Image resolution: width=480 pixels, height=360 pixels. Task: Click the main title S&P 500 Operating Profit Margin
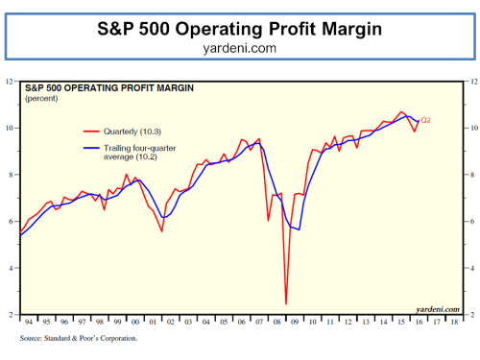[x=239, y=29]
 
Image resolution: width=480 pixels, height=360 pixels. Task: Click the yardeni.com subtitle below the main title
[x=239, y=47]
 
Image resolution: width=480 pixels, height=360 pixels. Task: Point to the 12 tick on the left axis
[x=10, y=81]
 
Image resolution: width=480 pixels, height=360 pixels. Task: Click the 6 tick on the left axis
[x=11, y=221]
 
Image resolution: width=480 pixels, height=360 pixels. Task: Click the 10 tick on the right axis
[x=469, y=128]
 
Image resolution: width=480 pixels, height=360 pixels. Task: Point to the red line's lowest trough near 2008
[x=286, y=303]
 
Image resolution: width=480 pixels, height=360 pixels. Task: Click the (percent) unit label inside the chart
[x=41, y=99]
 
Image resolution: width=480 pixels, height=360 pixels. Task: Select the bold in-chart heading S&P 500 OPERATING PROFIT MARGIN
[x=110, y=89]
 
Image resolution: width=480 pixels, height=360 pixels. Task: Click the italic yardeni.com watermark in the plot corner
[x=437, y=308]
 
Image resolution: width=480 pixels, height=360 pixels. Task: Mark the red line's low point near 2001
[x=161, y=231]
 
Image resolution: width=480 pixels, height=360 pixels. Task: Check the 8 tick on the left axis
[x=11, y=174]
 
